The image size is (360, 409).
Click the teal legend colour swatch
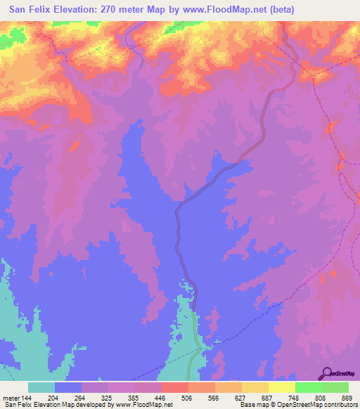click(x=41, y=388)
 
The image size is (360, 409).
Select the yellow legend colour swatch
click(x=281, y=388)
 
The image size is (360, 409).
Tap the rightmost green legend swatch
click(x=335, y=388)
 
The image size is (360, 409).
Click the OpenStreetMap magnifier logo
click(x=326, y=373)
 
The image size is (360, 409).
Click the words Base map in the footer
click(x=252, y=405)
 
